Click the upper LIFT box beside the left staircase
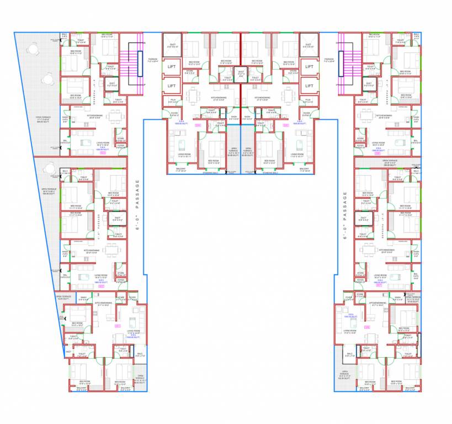point(172,67)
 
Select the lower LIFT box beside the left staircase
point(172,86)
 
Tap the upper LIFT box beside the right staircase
point(309,67)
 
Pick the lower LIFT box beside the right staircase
point(309,86)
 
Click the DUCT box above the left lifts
point(172,45)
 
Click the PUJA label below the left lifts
point(172,100)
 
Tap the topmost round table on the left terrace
point(33,49)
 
